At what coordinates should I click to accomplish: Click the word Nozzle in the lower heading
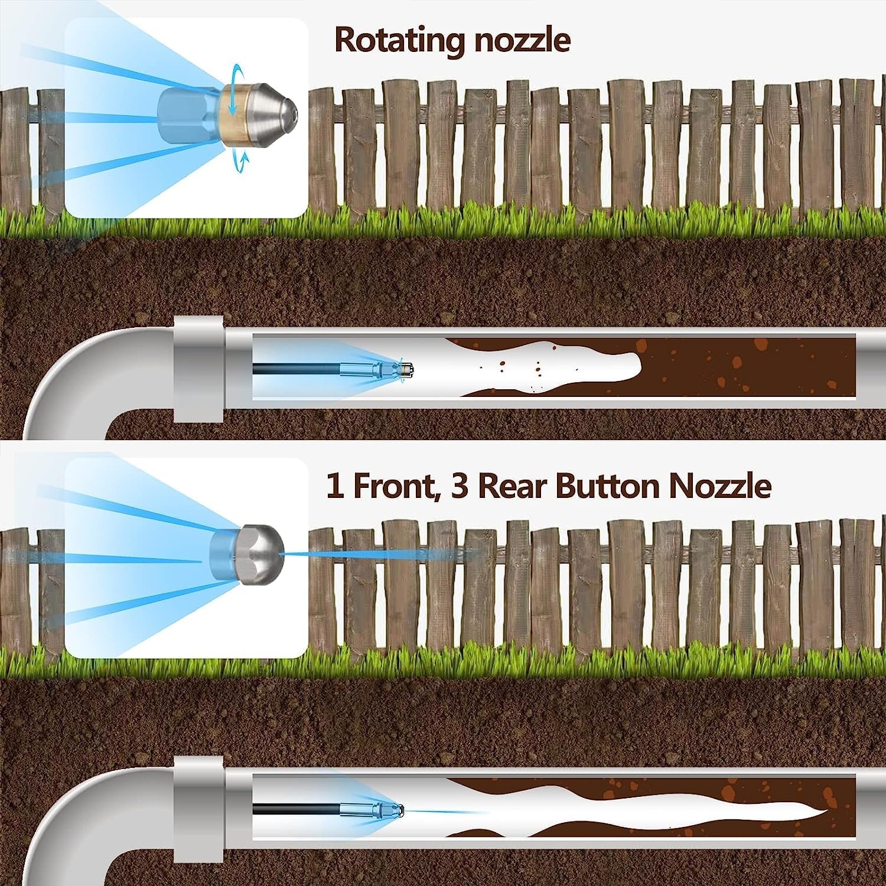coord(720,486)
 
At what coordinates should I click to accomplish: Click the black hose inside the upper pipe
coord(295,369)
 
